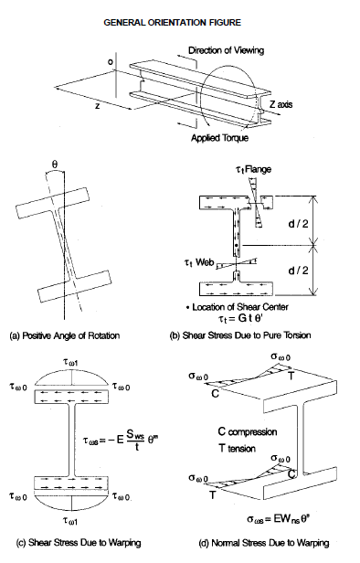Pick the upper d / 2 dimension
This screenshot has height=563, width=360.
click(x=327, y=218)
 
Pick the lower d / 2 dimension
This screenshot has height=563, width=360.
click(x=327, y=272)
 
